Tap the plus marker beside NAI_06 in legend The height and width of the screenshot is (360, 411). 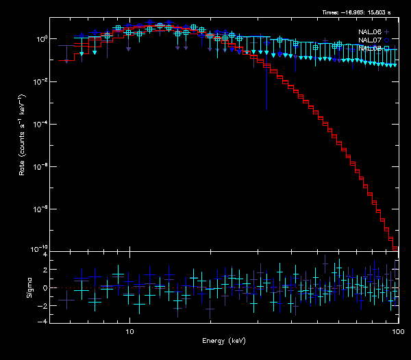coord(387,32)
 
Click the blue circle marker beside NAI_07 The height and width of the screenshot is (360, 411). coord(387,40)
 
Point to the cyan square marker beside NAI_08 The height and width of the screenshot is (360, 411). coord(387,49)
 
